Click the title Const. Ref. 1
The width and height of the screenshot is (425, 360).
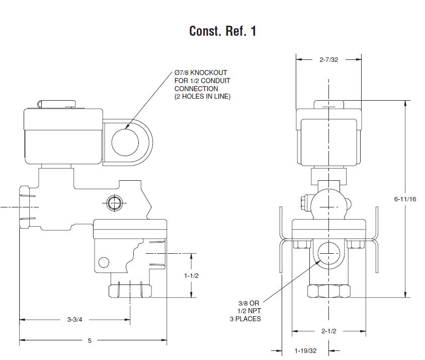pyautogui.click(x=222, y=31)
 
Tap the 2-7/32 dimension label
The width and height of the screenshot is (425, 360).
pyautogui.click(x=328, y=59)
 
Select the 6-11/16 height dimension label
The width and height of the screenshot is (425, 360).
pyautogui.click(x=405, y=199)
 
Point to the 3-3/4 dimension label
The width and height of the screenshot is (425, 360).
pyautogui.click(x=76, y=319)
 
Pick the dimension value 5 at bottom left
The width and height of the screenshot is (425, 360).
pyautogui.click(x=90, y=341)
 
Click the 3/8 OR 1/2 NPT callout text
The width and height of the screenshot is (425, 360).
pyautogui.click(x=250, y=311)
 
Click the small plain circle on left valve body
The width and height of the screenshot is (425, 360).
pyautogui.click(x=104, y=262)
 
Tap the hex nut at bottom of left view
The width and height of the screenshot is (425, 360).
pyautogui.click(x=130, y=291)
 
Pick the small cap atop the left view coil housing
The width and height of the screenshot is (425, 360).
pyautogui.click(x=57, y=103)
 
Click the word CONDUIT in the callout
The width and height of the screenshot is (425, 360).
pyautogui.click(x=218, y=81)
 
